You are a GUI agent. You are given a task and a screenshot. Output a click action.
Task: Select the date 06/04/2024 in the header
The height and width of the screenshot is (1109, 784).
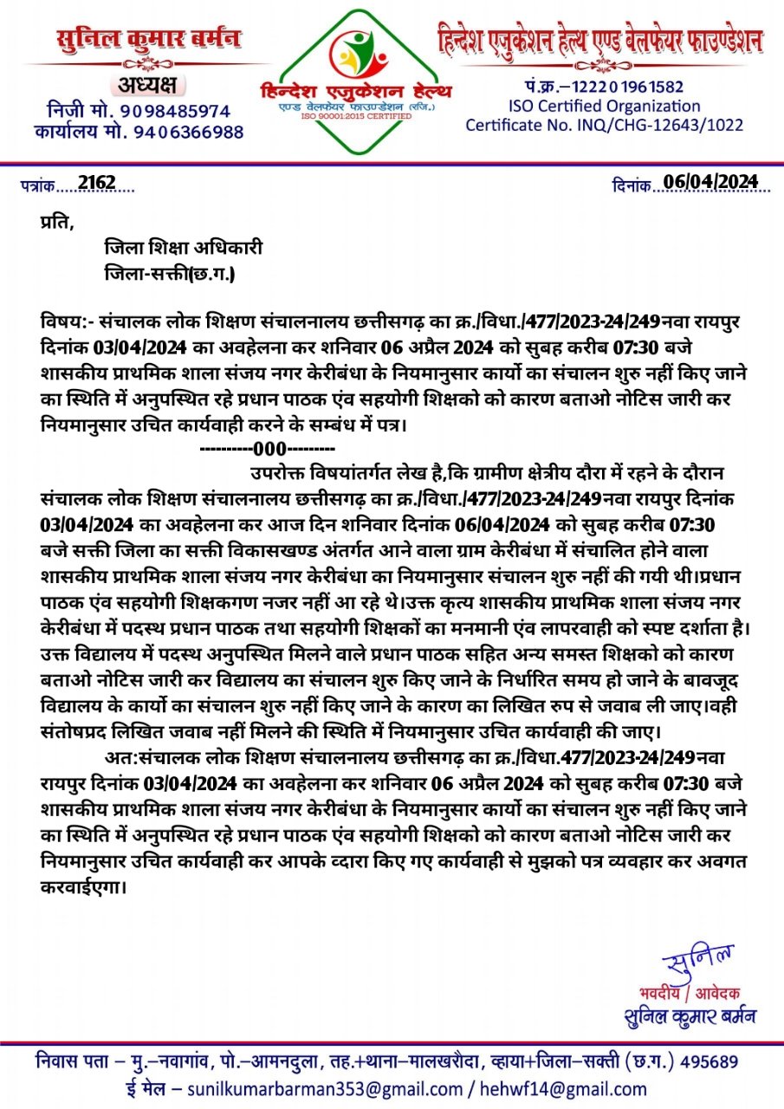coord(710,182)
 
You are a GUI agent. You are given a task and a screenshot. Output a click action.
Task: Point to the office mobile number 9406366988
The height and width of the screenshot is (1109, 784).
coord(188,133)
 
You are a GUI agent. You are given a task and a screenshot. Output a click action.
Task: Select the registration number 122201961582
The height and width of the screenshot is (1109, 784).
coord(626,87)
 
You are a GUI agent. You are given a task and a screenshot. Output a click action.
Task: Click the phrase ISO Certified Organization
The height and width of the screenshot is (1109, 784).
coord(604,106)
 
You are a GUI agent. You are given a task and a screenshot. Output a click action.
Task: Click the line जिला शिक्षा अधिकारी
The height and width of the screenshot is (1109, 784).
coord(183,248)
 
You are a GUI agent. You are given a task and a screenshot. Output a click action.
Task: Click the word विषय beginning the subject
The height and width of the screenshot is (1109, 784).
coord(62,322)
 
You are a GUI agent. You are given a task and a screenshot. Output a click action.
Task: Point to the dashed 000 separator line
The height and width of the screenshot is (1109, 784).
coord(268,450)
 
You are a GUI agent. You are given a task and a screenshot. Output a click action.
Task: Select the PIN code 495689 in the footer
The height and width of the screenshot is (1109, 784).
coord(709,1061)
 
